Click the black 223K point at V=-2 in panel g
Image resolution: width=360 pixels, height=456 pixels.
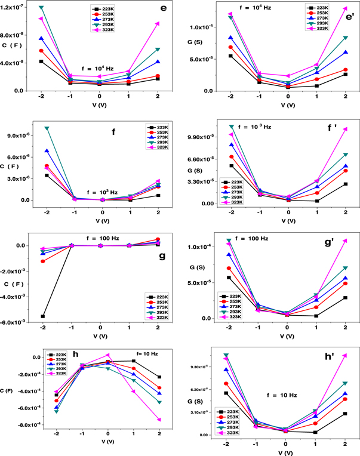point(43,316)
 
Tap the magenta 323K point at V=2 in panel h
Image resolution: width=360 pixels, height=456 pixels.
point(159,420)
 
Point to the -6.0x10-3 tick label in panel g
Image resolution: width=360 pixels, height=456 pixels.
point(14,322)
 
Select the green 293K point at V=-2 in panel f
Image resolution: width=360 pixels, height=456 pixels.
point(47,128)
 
